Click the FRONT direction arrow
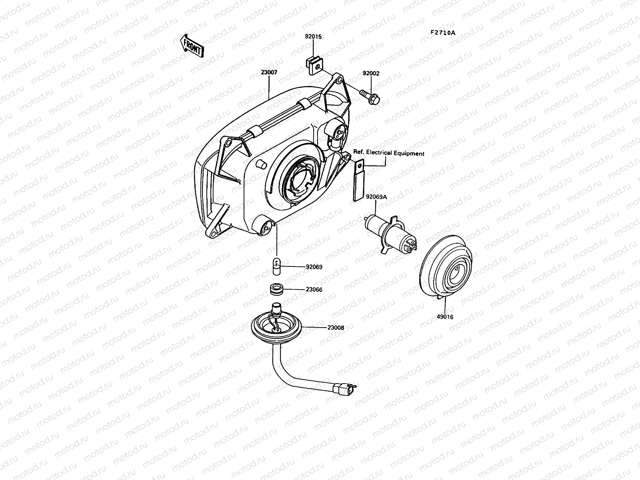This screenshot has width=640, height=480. (x=192, y=46)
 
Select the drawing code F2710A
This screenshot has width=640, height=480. (x=443, y=33)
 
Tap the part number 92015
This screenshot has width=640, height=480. (x=313, y=36)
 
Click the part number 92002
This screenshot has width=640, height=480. (x=371, y=74)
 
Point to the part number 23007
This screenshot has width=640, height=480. (x=269, y=72)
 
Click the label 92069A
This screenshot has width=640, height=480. (x=376, y=196)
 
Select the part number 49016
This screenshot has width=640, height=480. (x=445, y=317)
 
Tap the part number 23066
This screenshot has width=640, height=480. (x=314, y=289)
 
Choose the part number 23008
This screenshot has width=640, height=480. (x=335, y=327)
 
